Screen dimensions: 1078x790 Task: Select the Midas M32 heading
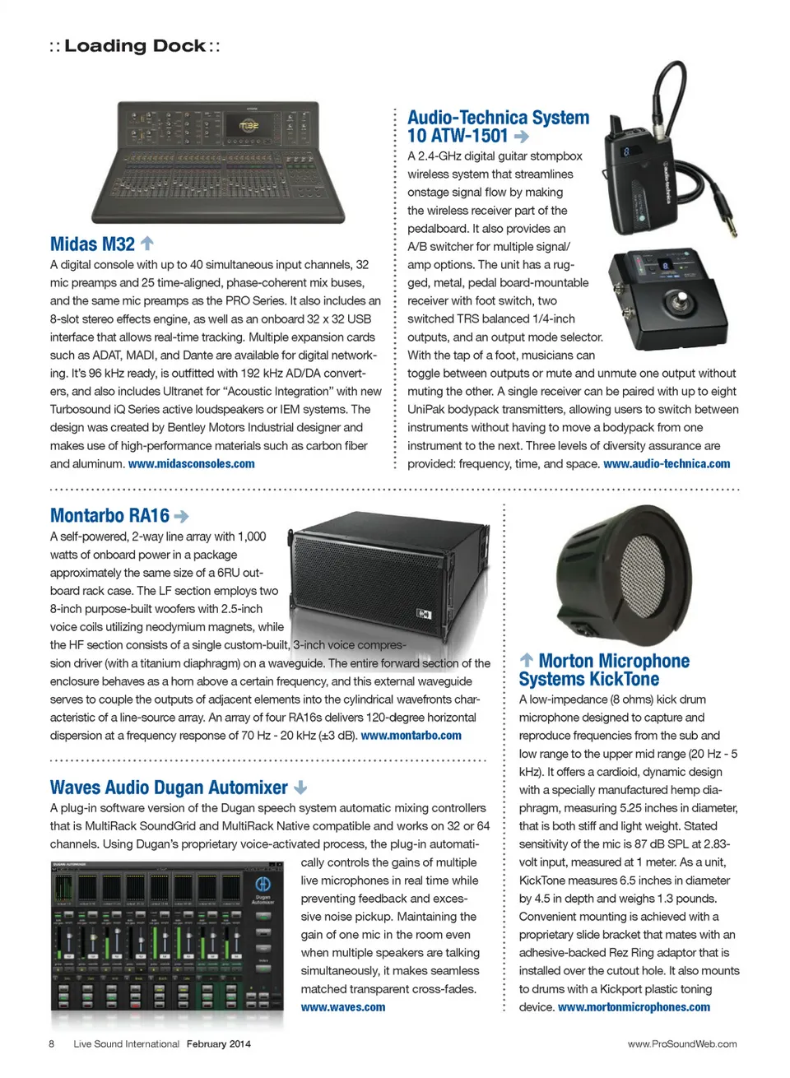pos(92,244)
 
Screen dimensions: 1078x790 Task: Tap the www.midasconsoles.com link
pos(192,464)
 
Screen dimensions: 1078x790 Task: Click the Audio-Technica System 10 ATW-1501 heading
pos(498,127)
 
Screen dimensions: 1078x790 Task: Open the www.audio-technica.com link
pos(667,464)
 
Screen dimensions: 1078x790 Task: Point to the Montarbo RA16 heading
pos(109,516)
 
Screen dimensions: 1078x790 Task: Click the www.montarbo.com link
pos(411,736)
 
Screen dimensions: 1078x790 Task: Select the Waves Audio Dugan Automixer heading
pos(169,788)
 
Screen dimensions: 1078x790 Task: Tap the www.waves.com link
pos(343,1007)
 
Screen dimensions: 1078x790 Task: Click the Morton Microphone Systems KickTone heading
pos(604,670)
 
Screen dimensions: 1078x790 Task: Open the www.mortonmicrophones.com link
pos(634,1007)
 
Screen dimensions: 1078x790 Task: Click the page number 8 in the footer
pos(52,1044)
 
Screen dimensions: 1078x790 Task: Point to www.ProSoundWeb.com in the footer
pos(682,1044)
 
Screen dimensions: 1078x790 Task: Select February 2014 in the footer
pos(219,1044)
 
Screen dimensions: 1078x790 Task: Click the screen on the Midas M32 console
pos(249,126)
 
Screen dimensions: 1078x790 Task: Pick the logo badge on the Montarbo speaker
pos(424,614)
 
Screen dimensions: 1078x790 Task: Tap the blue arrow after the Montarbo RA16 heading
pos(182,516)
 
